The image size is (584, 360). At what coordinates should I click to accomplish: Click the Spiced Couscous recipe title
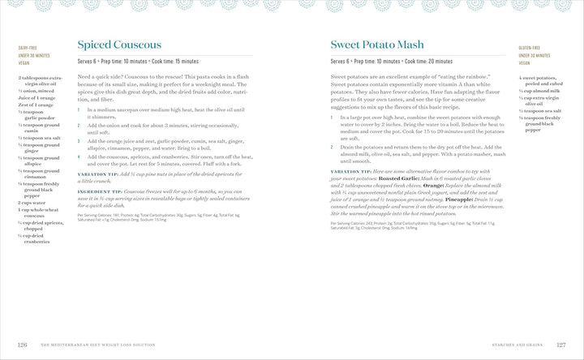[x=119, y=45]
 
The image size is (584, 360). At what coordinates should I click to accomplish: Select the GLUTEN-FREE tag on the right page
[x=530, y=49]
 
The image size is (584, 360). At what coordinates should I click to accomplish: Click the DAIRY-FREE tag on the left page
[x=28, y=49]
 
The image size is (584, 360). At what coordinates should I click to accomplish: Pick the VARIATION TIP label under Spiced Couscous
[x=97, y=174]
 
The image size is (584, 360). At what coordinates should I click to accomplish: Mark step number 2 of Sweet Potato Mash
[x=333, y=146]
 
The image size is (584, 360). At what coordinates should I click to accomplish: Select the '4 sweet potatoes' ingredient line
[x=542, y=78]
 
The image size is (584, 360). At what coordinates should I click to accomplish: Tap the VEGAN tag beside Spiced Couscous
[x=24, y=62]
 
